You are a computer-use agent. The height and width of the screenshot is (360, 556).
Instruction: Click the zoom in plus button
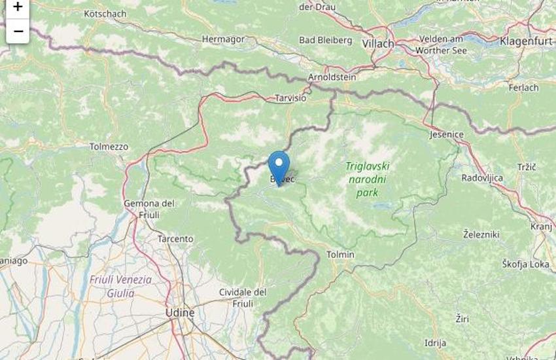tap(18, 7)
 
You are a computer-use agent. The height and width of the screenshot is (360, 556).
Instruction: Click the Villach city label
tap(379, 43)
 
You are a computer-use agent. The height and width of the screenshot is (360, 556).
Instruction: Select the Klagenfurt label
tap(527, 41)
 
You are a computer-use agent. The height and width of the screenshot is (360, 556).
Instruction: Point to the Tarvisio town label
tap(290, 98)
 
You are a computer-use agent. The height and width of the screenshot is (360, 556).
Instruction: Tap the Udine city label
tap(180, 313)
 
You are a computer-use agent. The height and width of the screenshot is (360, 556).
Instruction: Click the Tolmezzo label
tap(109, 147)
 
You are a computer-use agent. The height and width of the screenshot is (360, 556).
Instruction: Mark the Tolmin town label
tap(340, 254)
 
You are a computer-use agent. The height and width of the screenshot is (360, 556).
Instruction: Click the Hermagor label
tap(223, 39)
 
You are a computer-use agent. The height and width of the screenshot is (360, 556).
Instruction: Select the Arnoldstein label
tap(332, 77)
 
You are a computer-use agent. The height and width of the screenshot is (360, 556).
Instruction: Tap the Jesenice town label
tap(447, 134)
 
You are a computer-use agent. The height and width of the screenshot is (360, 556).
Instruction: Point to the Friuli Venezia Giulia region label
tap(120, 287)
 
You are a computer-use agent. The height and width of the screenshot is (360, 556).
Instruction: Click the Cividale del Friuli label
tap(243, 297)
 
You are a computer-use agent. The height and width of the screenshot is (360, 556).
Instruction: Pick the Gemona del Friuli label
tap(149, 209)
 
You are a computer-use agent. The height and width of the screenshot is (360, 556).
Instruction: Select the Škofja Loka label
tap(526, 264)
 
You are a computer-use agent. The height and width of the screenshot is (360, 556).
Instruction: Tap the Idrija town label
tap(435, 342)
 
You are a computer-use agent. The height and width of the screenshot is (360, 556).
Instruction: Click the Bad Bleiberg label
tap(326, 40)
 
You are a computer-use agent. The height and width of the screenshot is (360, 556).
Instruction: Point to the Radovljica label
tap(482, 177)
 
